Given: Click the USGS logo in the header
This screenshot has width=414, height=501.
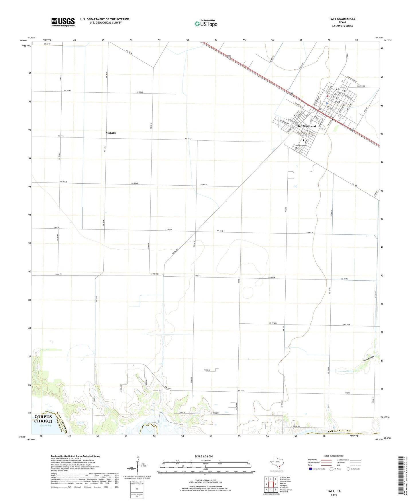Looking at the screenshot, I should point(63,22).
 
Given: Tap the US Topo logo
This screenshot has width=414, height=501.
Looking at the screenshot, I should point(206,24).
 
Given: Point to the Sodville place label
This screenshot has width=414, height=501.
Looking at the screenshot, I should point(111,133).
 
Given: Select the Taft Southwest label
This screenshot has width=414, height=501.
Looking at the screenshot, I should point(306,126).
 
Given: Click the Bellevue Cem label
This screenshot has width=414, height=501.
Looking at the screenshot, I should point(301,146).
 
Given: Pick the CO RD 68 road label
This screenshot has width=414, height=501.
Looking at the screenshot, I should point(207,370).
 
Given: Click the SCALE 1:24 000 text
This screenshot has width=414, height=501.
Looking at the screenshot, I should point(205,456).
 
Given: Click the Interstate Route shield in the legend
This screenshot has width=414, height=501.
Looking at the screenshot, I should point(311,469).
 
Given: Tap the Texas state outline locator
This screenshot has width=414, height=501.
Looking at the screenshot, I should point(277,463).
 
